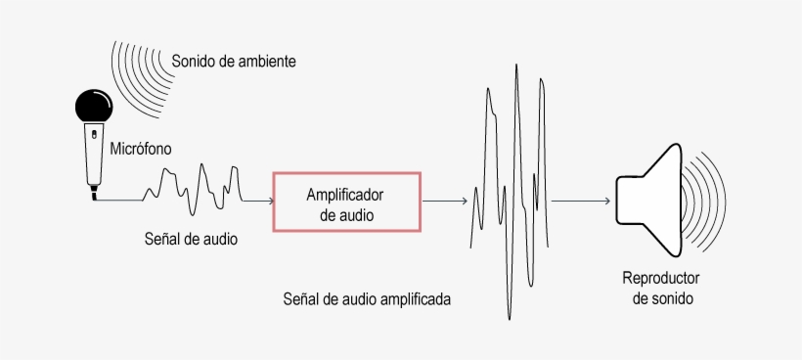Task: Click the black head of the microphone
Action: pyautogui.click(x=94, y=105)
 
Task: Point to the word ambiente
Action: pyautogui.click(x=266, y=62)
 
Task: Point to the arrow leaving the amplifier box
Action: pyautogui.click(x=445, y=201)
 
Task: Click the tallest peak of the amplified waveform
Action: pyautogui.click(x=515, y=68)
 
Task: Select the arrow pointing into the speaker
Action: pyautogui.click(x=581, y=201)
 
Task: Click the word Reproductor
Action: pyautogui.click(x=661, y=277)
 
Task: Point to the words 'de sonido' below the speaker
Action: pyautogui.click(x=662, y=298)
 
